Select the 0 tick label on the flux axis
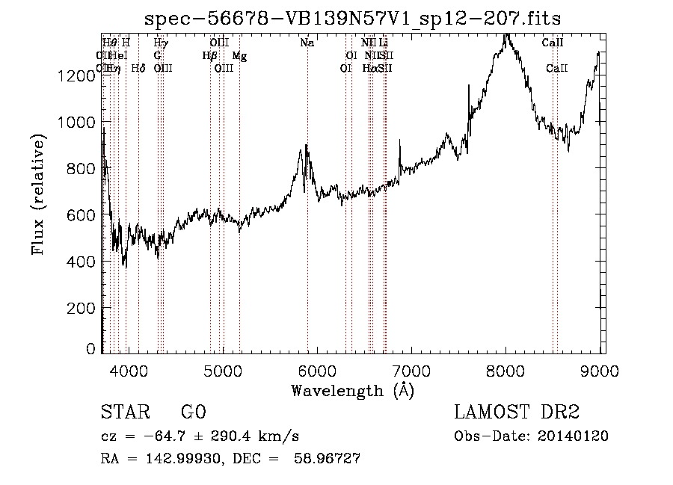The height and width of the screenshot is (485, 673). click(90, 349)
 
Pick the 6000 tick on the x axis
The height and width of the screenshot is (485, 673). click(317, 369)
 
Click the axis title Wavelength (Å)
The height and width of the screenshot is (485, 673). click(352, 390)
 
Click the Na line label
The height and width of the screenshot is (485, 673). click(307, 43)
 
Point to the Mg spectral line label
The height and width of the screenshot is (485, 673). click(239, 56)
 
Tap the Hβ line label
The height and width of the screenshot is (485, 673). click(210, 56)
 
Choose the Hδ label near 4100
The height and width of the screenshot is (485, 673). click(138, 69)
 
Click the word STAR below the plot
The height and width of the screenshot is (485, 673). click(123, 413)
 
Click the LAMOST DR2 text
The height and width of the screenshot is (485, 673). click(516, 413)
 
